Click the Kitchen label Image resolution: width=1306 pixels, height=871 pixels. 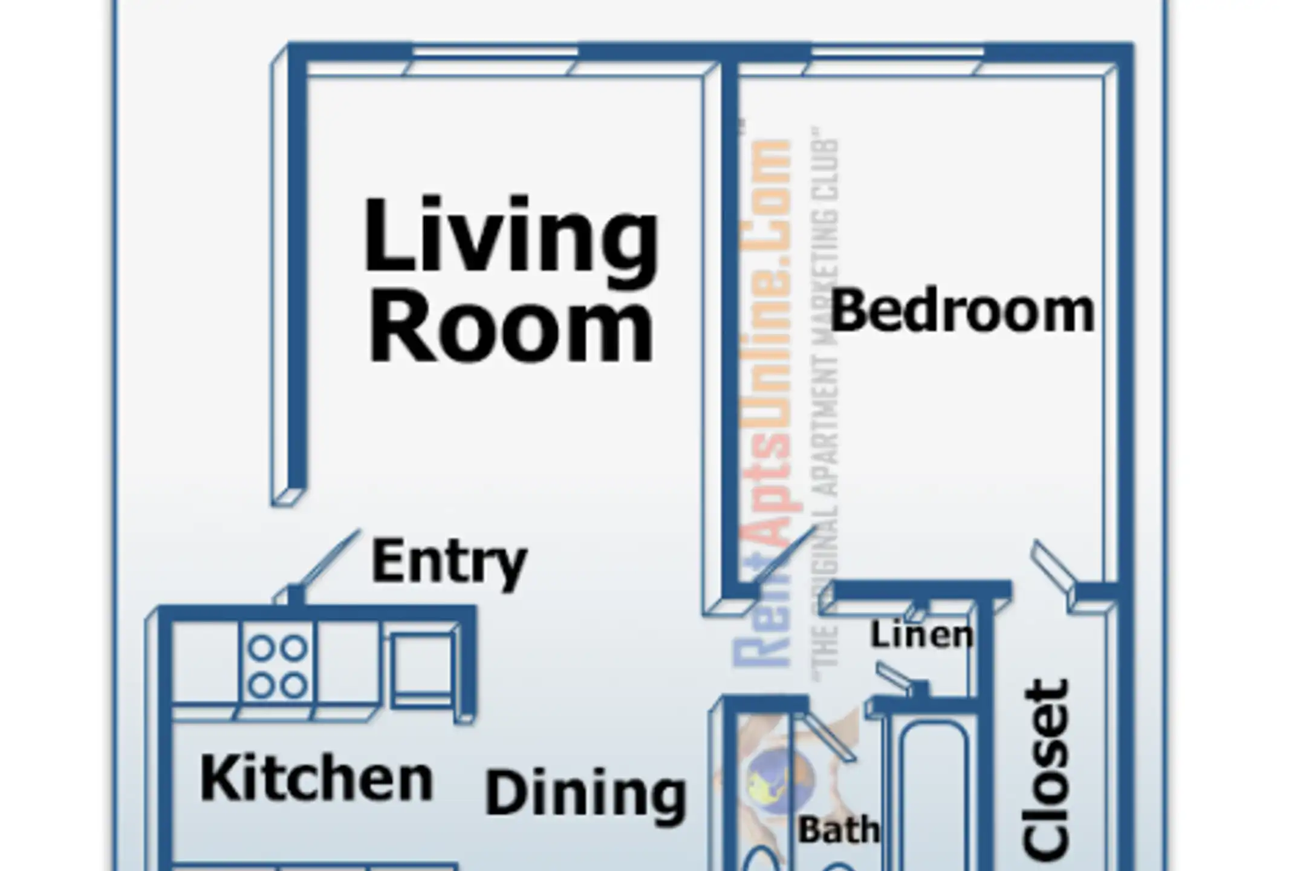[316, 778]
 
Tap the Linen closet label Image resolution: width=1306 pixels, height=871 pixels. [922, 635]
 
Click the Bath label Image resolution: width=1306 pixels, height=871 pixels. [839, 830]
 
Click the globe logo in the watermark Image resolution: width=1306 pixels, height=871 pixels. [780, 778]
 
